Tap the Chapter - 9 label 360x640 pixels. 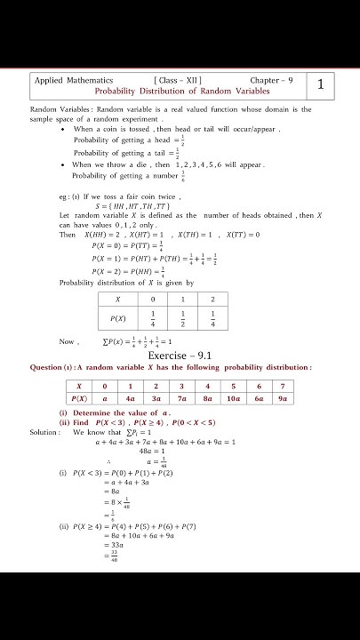(270, 80)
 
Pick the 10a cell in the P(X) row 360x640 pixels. (233, 399)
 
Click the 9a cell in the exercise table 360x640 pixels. (283, 399)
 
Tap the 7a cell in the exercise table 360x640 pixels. (182, 399)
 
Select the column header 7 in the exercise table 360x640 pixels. (283, 386)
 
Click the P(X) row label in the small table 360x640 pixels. (117, 317)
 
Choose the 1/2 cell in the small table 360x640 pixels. (181, 317)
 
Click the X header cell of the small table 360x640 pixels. (117, 300)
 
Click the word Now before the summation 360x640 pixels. (68, 341)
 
